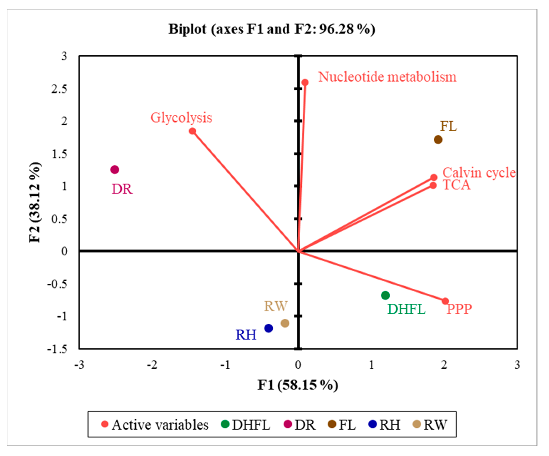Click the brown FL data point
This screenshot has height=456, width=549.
point(438,140)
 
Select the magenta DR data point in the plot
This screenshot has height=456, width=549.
point(114,170)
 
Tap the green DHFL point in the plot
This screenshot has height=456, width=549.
point(385,295)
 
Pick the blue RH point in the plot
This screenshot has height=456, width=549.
point(268,328)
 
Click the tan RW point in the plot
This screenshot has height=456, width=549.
point(285,323)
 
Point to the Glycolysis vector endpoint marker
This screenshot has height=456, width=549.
point(192,131)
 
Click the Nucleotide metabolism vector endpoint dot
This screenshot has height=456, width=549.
point(305,82)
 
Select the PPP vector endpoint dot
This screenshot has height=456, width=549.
point(445,301)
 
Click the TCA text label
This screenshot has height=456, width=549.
point(457,185)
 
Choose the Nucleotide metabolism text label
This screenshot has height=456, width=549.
point(387,77)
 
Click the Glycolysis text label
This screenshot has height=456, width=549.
point(181,118)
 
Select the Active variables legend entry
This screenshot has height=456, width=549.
point(155,425)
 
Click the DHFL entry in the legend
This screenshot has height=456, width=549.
point(246,425)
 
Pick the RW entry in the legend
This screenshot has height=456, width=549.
point(430,425)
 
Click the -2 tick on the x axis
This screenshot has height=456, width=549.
point(152,365)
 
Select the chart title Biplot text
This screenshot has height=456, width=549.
point(272,29)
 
